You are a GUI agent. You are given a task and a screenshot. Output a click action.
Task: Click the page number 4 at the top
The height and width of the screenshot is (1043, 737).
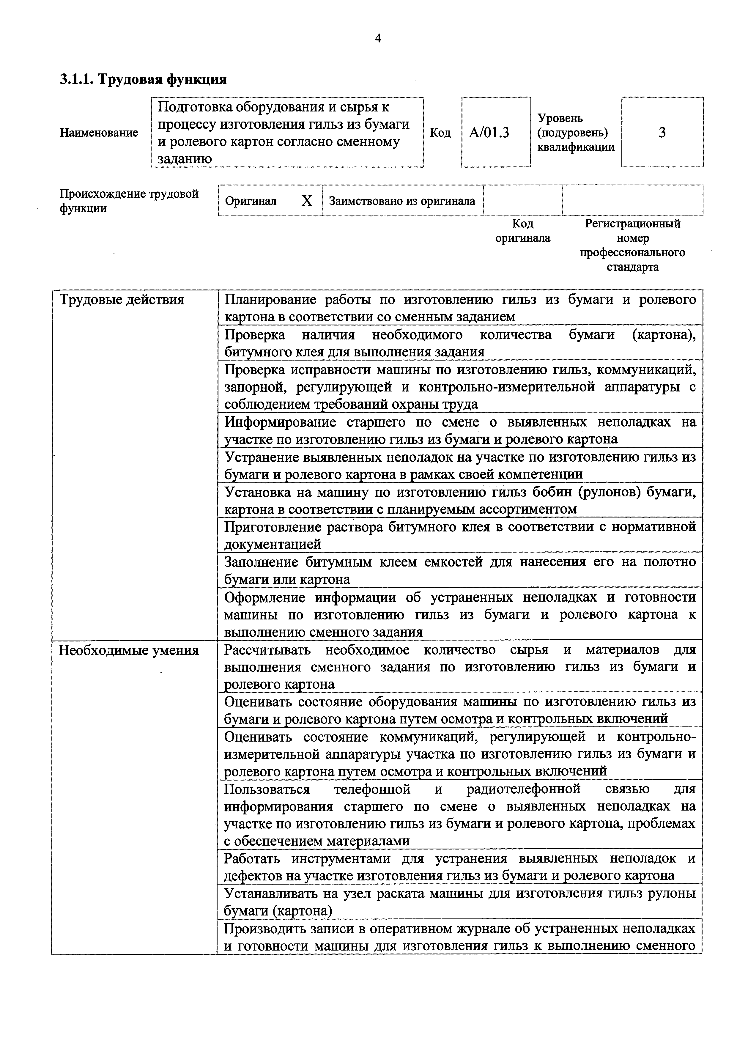378,39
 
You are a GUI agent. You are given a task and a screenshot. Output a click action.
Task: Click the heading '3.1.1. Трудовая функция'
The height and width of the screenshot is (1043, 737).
143,79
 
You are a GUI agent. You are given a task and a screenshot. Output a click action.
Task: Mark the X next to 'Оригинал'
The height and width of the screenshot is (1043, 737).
307,201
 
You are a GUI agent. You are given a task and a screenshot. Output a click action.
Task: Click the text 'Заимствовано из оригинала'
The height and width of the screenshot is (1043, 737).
401,201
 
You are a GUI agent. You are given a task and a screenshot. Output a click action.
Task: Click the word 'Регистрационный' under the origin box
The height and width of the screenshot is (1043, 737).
633,224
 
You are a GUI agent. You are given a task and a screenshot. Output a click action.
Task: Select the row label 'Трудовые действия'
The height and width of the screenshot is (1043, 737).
122,300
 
